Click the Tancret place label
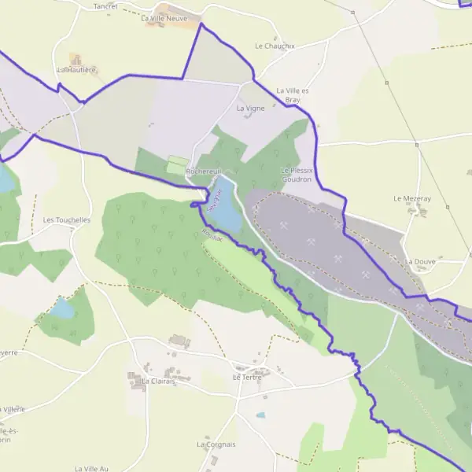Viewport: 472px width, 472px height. click(x=105, y=6)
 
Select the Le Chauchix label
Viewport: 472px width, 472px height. click(x=275, y=46)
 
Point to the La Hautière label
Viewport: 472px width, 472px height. click(x=76, y=70)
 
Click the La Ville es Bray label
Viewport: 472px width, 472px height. click(x=293, y=96)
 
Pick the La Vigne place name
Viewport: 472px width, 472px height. click(x=250, y=108)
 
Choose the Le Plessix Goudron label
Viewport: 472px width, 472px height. click(x=297, y=175)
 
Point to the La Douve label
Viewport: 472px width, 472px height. click(x=420, y=261)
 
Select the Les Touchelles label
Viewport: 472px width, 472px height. click(x=67, y=220)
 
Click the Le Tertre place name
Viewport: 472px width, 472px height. click(x=247, y=378)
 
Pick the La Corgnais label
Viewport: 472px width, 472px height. click(x=216, y=444)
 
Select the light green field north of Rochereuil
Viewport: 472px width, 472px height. click(x=176, y=165)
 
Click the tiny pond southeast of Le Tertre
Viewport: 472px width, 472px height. click(x=260, y=415)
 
